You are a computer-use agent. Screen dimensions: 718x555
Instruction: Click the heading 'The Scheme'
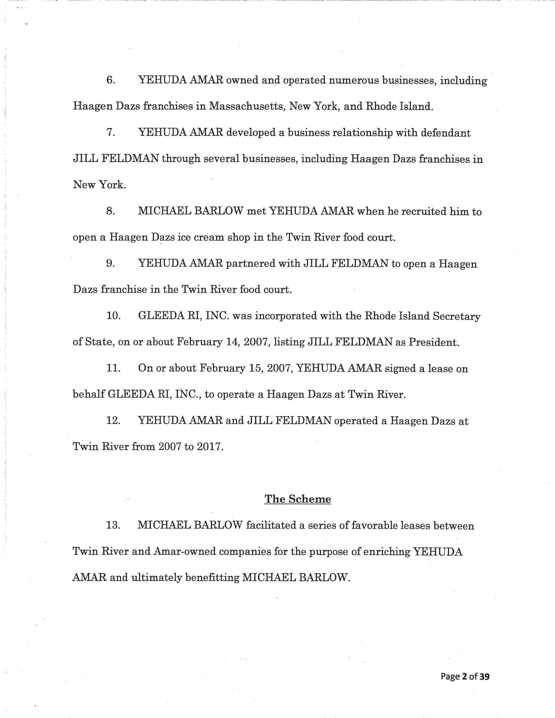298,499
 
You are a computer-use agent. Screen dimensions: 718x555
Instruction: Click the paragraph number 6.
111,80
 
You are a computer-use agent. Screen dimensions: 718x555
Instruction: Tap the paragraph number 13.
113,525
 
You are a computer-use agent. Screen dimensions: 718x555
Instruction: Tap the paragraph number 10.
113,316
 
